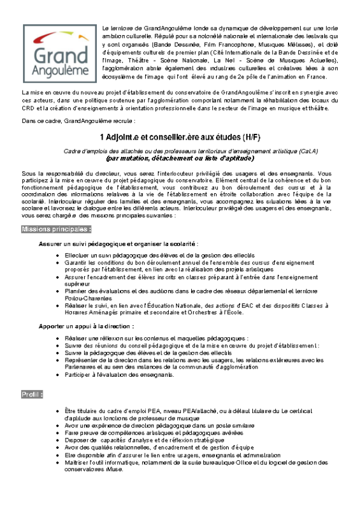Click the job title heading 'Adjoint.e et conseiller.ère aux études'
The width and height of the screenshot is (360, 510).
(169, 138)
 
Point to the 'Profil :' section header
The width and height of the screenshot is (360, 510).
(32, 395)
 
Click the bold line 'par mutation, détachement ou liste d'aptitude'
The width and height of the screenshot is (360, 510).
(180, 158)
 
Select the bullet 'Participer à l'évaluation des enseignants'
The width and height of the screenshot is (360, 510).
(119, 375)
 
